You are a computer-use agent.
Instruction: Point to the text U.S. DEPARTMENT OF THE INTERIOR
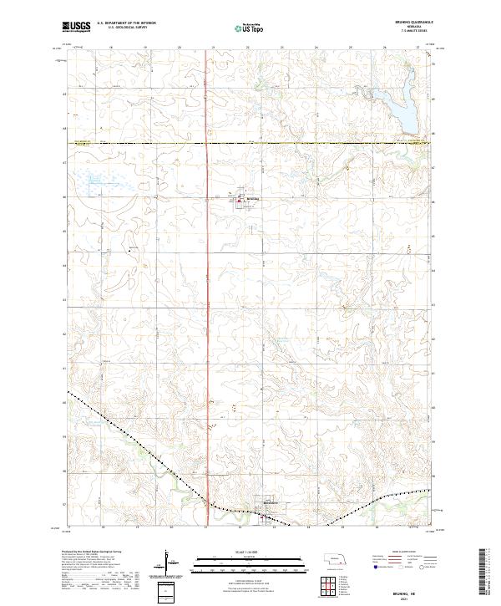tap(126, 23)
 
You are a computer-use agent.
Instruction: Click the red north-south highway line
tap(206, 293)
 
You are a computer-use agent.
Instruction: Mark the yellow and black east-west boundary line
tap(250, 143)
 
